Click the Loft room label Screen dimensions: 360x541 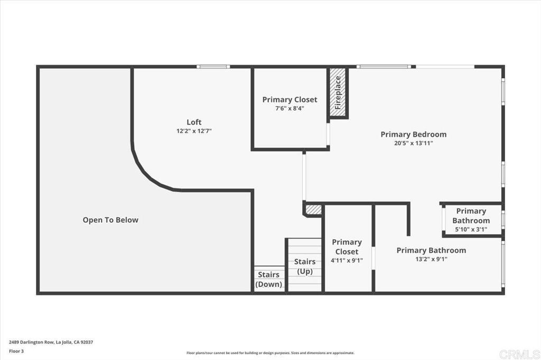[x=194, y=122]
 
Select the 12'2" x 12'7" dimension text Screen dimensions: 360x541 [x=194, y=131]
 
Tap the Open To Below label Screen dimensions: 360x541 [x=110, y=220]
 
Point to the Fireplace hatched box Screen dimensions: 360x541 [x=338, y=92]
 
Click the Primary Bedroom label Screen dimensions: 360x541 [x=413, y=134]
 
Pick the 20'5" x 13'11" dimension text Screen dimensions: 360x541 [x=413, y=143]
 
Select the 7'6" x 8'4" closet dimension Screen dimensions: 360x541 [x=290, y=108]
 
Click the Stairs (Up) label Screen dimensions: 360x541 [x=305, y=266]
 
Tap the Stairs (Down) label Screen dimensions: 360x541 [x=269, y=279]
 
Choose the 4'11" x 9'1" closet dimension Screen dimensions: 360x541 [x=347, y=260]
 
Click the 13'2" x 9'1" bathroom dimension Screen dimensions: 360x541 [x=431, y=259]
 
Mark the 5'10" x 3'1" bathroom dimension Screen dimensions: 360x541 [x=471, y=229]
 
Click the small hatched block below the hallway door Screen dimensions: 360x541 [x=313, y=210]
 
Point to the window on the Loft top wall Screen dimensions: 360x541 [x=213, y=67]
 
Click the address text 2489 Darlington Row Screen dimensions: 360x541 [x=51, y=342]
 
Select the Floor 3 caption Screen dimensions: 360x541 [x=17, y=350]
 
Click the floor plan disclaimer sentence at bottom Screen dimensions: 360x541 [x=270, y=353]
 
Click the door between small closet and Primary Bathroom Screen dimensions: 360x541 [x=374, y=259]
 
